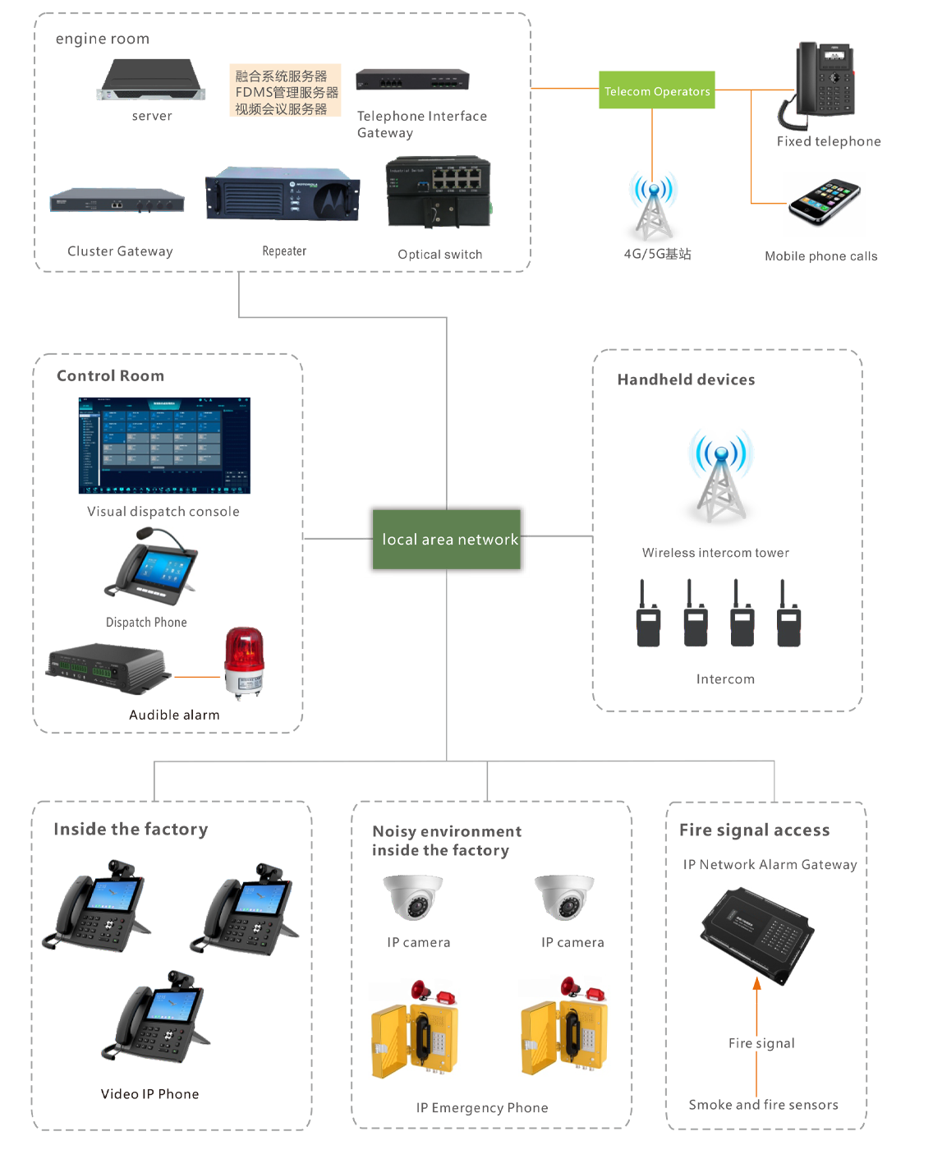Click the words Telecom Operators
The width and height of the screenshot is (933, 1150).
click(x=657, y=92)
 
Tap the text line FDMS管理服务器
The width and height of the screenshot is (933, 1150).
click(x=287, y=93)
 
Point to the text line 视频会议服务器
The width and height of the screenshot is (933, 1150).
click(x=281, y=109)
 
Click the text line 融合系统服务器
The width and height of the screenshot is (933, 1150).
click(x=281, y=76)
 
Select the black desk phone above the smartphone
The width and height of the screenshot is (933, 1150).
click(x=825, y=82)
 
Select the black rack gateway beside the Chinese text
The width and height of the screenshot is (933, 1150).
click(x=412, y=80)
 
